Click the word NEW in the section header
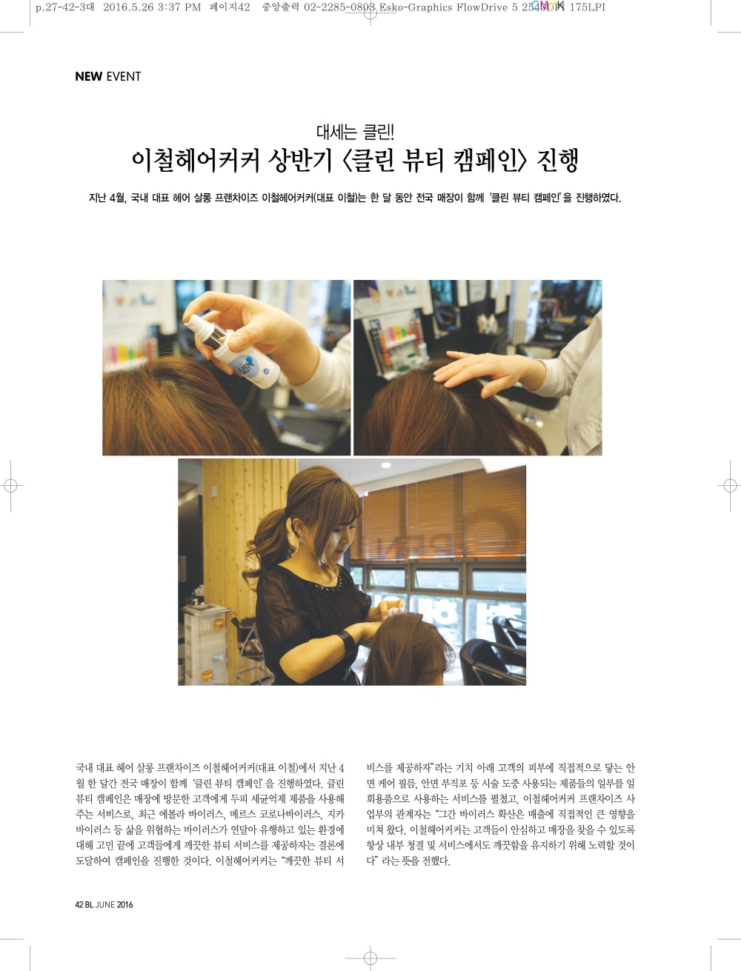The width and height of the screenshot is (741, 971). pos(88,76)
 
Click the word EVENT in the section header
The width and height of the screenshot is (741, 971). pos(124,76)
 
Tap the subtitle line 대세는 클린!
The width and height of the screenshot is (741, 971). pos(355,131)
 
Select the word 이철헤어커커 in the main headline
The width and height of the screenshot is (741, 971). pos(195,161)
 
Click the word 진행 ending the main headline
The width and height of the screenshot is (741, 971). pos(557,161)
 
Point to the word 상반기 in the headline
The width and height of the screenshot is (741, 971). pos(299,161)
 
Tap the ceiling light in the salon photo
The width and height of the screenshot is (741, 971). pos(386,465)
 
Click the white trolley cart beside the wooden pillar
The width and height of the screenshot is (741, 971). pos(206,645)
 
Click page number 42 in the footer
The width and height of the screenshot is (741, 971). pos(79,904)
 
